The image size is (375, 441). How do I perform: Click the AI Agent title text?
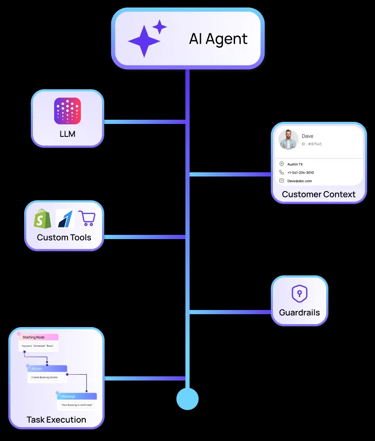(218, 39)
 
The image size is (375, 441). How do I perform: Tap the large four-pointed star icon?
(144, 41)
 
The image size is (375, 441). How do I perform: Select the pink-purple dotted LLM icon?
(67, 111)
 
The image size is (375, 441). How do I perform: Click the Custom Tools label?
(64, 237)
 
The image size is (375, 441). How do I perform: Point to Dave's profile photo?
(288, 139)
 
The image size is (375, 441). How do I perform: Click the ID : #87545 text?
(312, 144)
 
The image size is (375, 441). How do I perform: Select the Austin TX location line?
(295, 164)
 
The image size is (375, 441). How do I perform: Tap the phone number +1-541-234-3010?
(300, 173)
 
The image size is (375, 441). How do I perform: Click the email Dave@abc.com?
(299, 181)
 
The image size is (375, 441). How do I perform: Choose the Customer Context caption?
(319, 194)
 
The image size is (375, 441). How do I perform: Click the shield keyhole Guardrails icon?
(299, 294)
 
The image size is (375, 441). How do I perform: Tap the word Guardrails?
(299, 312)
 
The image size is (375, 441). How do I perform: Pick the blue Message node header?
(77, 396)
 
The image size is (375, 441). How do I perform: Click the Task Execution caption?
(56, 420)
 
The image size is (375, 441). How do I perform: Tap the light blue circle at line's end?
(187, 399)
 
